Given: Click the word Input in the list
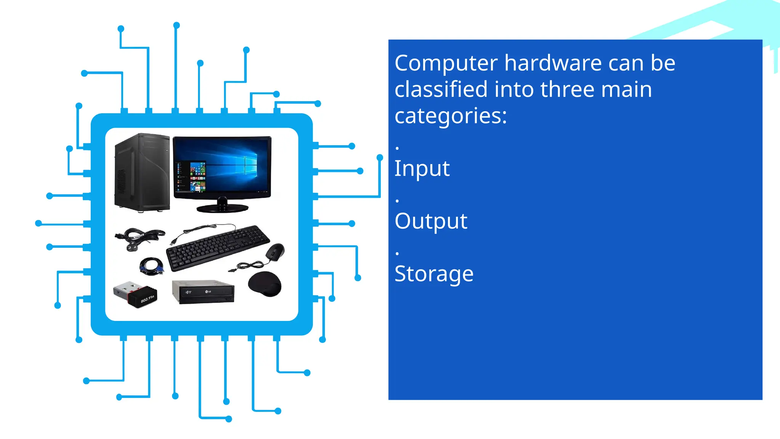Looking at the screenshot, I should coord(422,169).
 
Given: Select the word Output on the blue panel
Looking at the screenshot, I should coord(431,221).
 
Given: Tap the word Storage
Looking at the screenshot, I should coord(434,274).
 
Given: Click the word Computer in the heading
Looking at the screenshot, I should coord(446,63).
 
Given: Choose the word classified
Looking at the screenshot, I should coord(441,90).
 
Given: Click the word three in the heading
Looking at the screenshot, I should coord(567,90).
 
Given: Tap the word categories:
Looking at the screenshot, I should coord(451,116).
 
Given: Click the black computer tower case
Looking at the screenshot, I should coord(142,172).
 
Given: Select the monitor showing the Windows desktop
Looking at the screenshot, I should coord(222,168).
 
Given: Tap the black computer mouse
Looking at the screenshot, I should coord(275,252).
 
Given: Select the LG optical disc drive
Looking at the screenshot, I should coord(203,292).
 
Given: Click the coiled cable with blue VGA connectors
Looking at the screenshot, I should coord(152,266).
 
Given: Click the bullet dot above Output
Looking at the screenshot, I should coord(397,201).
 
